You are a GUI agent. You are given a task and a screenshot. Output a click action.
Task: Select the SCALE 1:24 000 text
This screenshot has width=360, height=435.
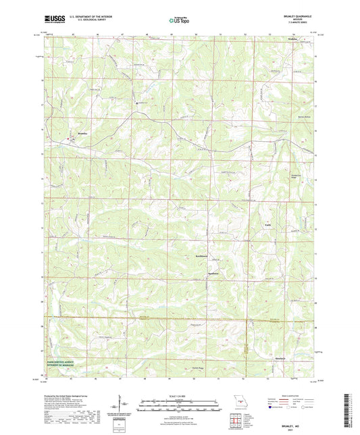[x=179, y=396]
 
